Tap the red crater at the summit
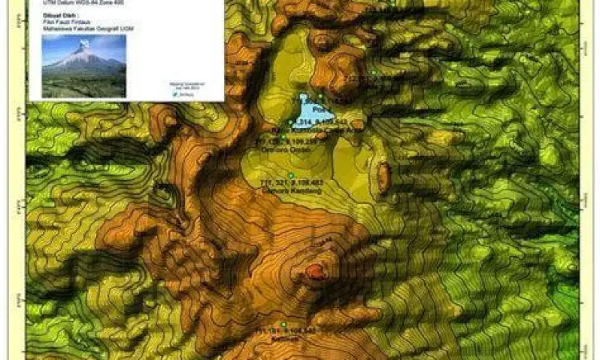point(314,273)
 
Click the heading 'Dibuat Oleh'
point(50,13)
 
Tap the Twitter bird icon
point(174,93)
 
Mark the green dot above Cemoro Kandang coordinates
point(291,175)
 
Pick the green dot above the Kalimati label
point(283,324)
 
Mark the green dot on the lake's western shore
point(291,121)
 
